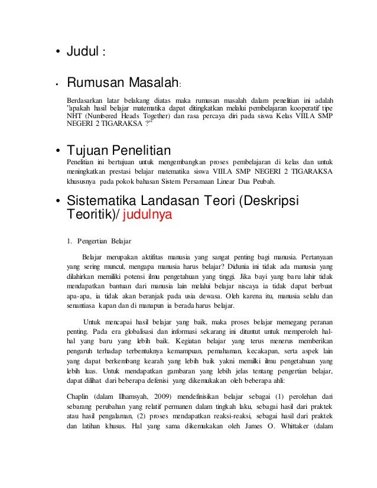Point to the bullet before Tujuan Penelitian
click(x=58, y=148)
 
